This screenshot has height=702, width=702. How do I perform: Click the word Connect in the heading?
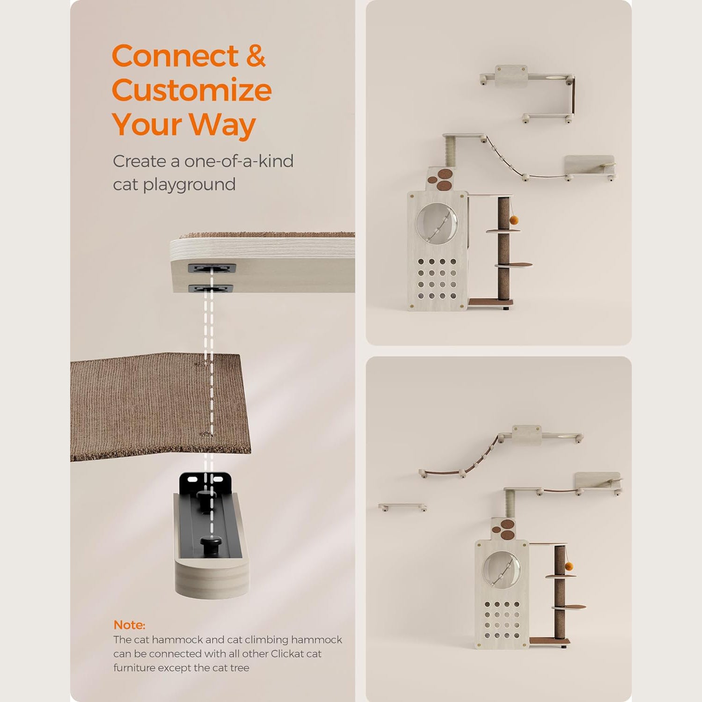coord(175,56)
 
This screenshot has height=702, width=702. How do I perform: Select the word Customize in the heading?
coord(191,90)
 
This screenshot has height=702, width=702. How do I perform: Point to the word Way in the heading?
coord(222,125)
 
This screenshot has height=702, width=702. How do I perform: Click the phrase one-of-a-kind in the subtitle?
coord(239,161)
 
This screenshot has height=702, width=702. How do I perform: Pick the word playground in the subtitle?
coord(189,184)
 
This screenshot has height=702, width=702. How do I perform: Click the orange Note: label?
coord(129,625)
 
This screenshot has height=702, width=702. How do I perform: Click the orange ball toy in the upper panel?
coord(515,219)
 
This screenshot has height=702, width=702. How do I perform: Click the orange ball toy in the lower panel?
coord(569,567)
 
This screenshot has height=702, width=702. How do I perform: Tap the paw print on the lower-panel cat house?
coord(505,528)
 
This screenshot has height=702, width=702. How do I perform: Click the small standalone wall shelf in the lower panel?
coord(402,507)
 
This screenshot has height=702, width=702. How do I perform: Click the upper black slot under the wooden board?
coord(212,269)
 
